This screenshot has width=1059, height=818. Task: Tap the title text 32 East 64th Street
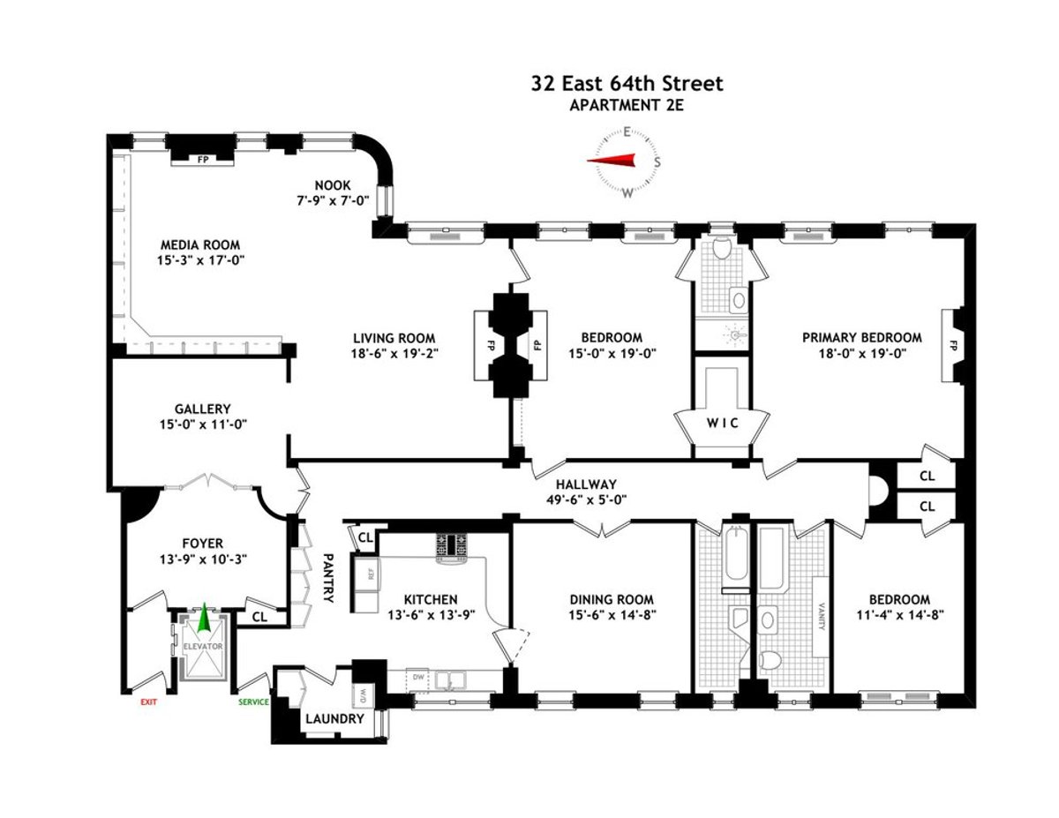point(627,84)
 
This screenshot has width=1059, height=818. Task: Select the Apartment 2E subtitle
point(627,105)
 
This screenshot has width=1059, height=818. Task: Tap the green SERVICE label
point(254,702)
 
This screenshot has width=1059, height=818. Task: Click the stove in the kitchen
point(454,546)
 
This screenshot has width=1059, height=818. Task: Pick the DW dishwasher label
point(421,679)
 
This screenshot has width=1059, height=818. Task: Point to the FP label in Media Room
point(202,160)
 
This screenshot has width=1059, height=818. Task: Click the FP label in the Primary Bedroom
point(953,345)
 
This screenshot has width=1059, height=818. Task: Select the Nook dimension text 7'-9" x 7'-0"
point(333,201)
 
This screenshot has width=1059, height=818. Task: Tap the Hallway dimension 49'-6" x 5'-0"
point(585,500)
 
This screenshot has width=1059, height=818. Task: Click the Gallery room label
point(202,409)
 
